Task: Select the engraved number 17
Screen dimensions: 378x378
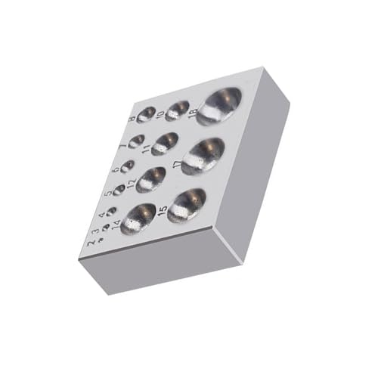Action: point(177,164)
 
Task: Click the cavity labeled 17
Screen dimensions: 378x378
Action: point(202,154)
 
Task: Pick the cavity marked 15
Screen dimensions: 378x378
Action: point(187,203)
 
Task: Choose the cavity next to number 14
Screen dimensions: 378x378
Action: point(138,217)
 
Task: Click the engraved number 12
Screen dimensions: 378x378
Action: point(131,183)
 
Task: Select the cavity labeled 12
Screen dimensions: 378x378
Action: point(151,178)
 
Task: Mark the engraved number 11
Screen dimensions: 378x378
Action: point(146,149)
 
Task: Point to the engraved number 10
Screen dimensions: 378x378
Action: point(160,116)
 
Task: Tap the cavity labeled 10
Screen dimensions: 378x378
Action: point(178,110)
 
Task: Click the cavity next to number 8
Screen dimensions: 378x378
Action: point(146,114)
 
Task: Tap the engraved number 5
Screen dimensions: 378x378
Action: point(109,191)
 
